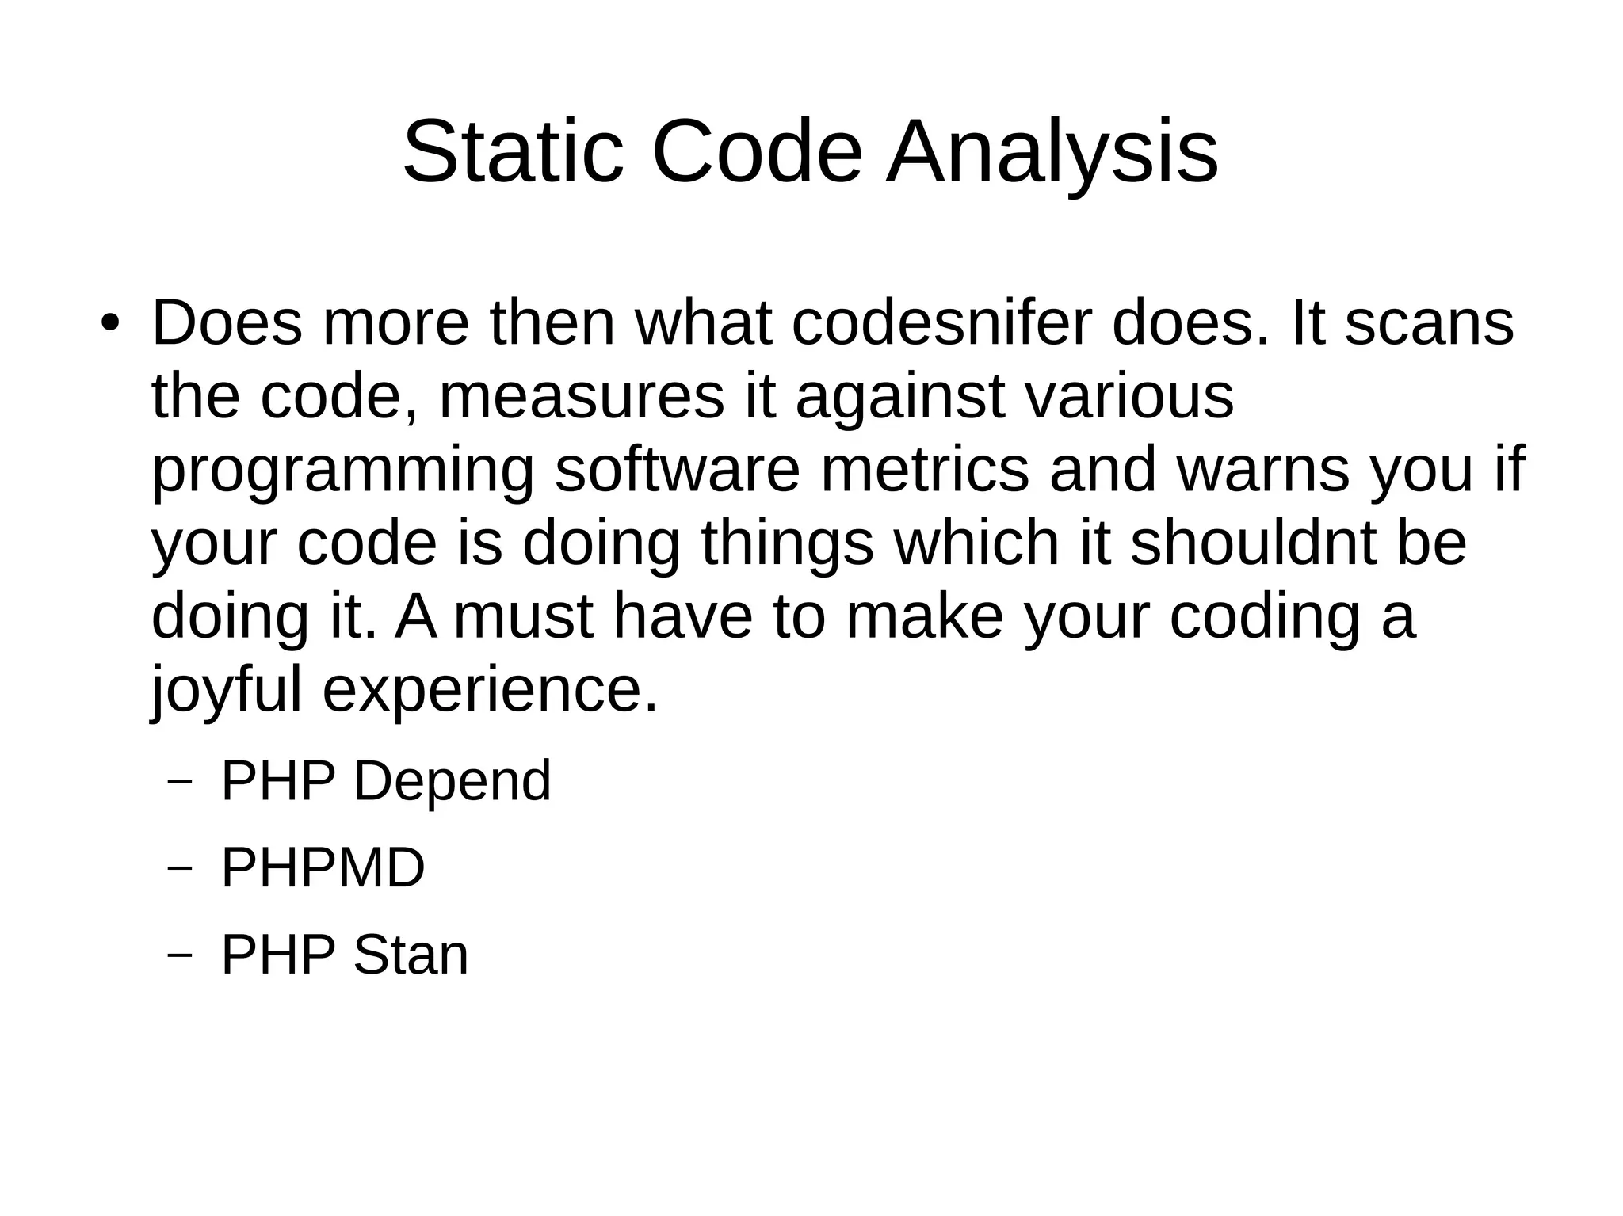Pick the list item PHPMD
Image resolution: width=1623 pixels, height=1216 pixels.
(323, 868)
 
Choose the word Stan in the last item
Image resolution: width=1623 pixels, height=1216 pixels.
(411, 955)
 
